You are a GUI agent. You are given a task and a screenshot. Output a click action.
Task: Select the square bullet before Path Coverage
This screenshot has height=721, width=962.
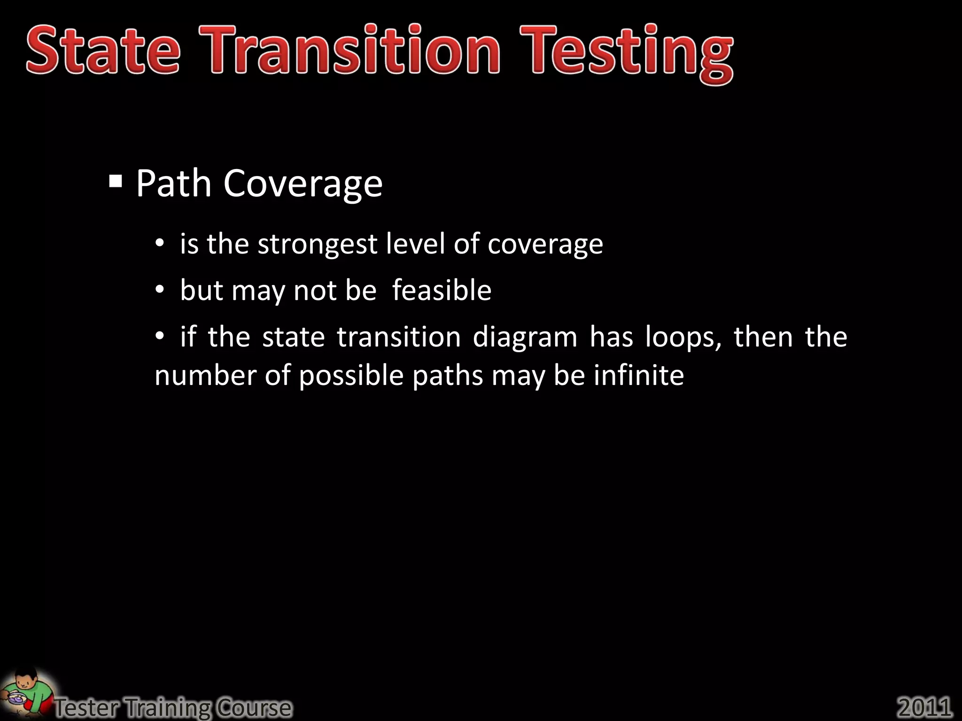(116, 181)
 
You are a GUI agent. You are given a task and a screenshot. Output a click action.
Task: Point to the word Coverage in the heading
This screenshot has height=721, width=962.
(303, 184)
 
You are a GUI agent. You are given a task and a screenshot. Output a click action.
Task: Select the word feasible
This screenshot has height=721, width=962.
(442, 290)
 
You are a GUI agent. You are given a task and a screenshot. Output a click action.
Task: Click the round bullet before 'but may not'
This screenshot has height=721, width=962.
(160, 290)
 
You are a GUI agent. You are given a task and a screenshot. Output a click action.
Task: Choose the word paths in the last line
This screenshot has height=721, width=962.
(448, 376)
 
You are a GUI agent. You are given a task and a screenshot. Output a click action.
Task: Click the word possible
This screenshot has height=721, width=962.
(351, 376)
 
